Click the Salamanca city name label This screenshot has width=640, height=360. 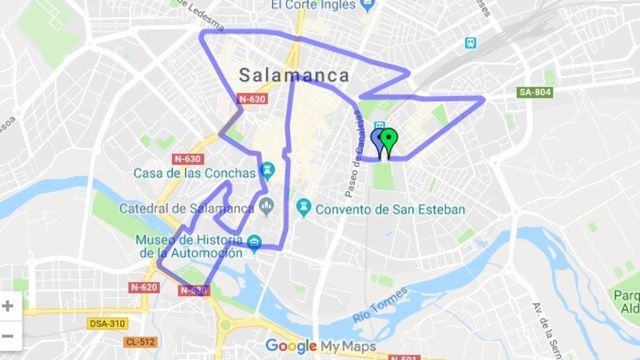click(x=294, y=76)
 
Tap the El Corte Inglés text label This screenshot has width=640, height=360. click(x=313, y=5)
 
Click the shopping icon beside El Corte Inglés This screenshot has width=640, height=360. click(x=367, y=5)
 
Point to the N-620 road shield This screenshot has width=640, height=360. click(x=144, y=287)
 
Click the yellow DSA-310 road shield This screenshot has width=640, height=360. click(x=107, y=324)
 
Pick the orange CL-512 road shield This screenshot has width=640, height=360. click(x=139, y=342)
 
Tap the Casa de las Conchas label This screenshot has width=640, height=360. click(x=194, y=173)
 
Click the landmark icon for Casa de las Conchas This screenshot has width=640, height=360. click(x=268, y=170)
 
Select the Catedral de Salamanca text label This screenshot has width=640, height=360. click(x=187, y=208)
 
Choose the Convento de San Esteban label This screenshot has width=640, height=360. click(x=390, y=209)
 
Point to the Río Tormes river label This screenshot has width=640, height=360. click(x=381, y=304)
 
